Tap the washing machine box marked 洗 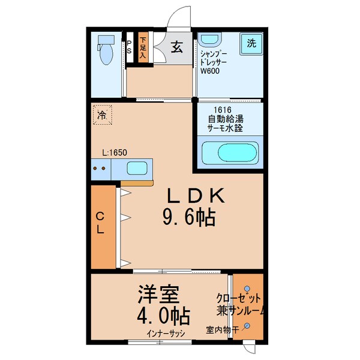252,43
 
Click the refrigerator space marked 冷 103,115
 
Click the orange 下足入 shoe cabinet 143,48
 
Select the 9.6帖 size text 188,218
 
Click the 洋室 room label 158,295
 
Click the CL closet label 101,223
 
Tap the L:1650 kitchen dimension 113,153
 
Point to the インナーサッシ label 164,334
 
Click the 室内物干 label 222,329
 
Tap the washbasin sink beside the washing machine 209,40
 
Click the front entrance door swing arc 178,17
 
